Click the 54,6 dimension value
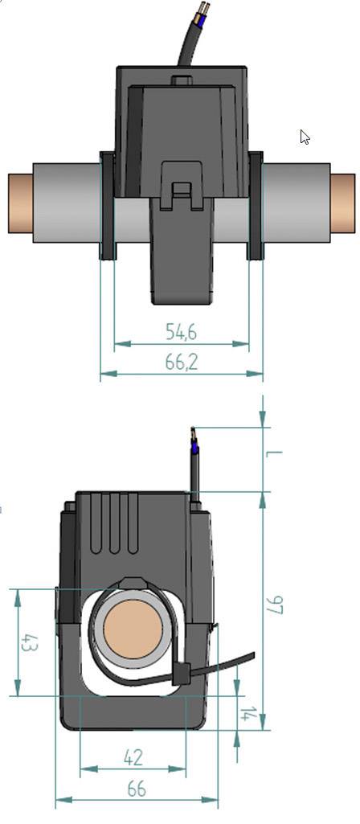[182, 331]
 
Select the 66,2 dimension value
[182, 362]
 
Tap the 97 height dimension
[276, 605]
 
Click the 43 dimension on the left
[27, 643]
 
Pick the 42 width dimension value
[133, 757]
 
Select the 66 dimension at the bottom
[137, 789]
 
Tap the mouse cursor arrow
[305, 137]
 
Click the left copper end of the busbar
[20, 203]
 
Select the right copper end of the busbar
[343, 203]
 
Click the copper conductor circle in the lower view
[132, 629]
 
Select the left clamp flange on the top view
[107, 206]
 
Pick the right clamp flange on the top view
[256, 206]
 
